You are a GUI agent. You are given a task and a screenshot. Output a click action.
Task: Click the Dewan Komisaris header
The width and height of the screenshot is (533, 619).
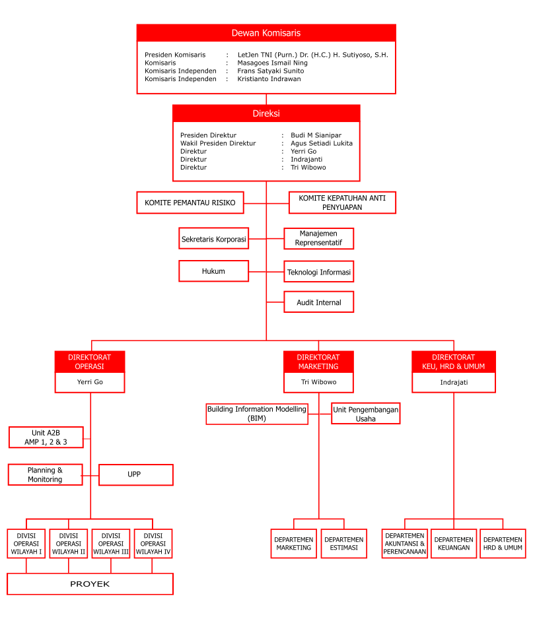click(x=266, y=33)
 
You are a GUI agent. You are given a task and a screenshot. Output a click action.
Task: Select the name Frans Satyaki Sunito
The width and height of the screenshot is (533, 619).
click(x=271, y=71)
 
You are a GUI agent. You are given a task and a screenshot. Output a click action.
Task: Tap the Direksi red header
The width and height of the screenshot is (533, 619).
click(x=266, y=114)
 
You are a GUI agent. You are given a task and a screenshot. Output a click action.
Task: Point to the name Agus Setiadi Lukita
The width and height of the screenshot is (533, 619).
click(x=322, y=143)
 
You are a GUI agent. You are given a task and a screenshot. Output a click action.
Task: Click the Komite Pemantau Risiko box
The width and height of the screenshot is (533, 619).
click(x=190, y=203)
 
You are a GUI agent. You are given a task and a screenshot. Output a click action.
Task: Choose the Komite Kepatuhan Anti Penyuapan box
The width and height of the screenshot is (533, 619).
click(x=342, y=203)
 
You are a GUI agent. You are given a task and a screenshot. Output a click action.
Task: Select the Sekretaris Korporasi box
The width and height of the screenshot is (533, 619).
click(x=214, y=238)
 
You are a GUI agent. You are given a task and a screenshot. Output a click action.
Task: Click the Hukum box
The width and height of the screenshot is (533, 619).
click(x=214, y=271)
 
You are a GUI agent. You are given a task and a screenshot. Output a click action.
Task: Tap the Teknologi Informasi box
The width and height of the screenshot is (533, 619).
click(x=319, y=272)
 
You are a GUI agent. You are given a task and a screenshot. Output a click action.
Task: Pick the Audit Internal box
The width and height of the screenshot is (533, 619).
click(x=319, y=302)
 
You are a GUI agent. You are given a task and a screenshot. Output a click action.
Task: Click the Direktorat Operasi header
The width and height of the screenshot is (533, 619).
click(x=90, y=362)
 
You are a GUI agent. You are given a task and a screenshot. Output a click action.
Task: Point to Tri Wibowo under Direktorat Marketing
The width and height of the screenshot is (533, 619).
click(x=319, y=382)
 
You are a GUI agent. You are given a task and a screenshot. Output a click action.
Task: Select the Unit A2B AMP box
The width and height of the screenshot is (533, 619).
click(x=46, y=438)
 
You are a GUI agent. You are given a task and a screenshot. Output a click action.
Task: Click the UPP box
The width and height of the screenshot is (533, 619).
click(x=136, y=474)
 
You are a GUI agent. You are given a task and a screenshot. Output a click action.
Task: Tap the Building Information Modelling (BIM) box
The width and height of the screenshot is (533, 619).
click(x=257, y=414)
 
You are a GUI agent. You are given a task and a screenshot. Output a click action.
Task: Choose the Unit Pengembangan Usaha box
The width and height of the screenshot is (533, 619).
click(x=365, y=414)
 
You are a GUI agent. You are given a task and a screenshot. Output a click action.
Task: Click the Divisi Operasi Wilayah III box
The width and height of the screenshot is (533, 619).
click(x=111, y=544)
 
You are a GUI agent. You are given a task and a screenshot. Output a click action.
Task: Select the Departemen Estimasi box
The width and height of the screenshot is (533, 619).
click(x=343, y=544)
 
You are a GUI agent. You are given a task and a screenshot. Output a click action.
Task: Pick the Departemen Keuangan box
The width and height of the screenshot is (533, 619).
click(x=454, y=544)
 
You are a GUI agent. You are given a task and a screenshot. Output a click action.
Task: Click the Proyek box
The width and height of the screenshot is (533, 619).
click(x=90, y=584)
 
